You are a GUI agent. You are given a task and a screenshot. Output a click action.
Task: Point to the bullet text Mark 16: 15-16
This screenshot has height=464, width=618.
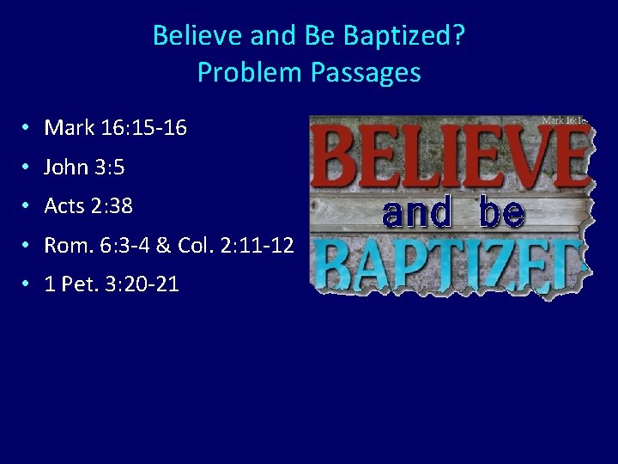tap(115, 128)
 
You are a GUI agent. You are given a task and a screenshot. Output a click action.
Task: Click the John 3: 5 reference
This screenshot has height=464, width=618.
tap(84, 167)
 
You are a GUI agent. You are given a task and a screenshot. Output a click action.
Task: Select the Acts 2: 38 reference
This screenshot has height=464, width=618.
tap(88, 206)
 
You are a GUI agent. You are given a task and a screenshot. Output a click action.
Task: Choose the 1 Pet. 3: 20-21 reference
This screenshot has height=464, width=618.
tap(112, 284)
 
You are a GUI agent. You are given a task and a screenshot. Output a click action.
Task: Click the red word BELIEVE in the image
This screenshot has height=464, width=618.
tap(452, 156)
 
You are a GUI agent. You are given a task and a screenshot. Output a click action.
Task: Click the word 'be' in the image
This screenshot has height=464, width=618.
tap(501, 211)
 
